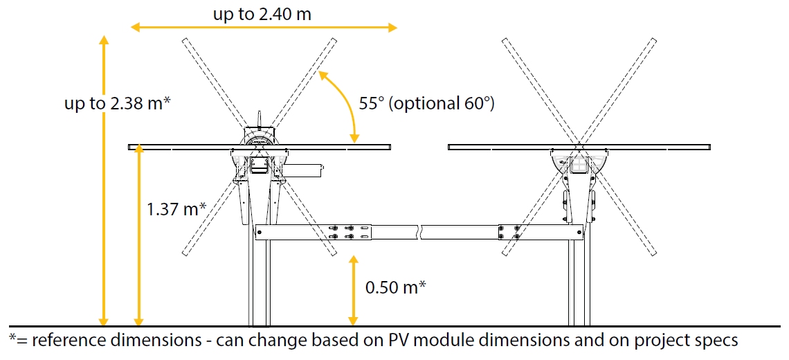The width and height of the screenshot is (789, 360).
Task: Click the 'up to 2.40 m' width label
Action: tap(262, 13)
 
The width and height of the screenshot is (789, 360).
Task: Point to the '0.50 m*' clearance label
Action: tap(394, 287)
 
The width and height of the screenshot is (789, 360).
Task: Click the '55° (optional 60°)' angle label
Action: tap(427, 103)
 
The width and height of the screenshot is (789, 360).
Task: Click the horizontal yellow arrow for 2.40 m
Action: tap(264, 28)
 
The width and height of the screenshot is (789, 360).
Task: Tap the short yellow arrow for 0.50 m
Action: tap(354, 290)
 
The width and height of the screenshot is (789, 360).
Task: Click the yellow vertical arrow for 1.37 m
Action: tap(139, 235)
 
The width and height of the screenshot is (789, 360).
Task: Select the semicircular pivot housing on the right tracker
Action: tap(579, 163)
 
